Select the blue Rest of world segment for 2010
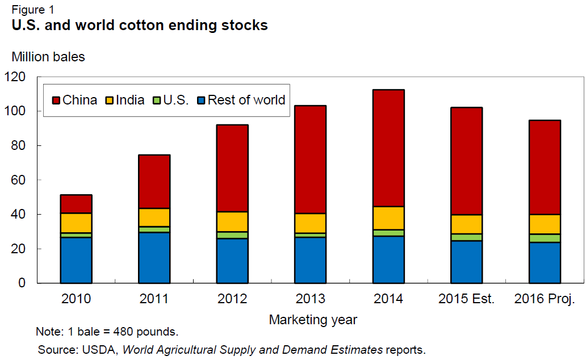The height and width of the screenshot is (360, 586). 76,260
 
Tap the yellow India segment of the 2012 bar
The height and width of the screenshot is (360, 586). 232,221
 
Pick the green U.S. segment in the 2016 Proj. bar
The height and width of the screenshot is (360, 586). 545,238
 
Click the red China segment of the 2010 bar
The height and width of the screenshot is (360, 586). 76,204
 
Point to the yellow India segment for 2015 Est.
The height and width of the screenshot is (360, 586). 466,224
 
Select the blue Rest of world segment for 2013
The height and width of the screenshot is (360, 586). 310,260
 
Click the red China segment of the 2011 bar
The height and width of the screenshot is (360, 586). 154,182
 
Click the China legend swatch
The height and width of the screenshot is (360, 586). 55,101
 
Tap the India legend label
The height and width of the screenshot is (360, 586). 130,101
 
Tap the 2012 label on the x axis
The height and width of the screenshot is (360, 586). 232,299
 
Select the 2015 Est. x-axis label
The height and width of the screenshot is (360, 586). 466,299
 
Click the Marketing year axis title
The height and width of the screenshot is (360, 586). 313,320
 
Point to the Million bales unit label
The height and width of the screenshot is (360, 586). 48,56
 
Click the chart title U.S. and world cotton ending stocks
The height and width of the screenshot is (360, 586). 140,26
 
